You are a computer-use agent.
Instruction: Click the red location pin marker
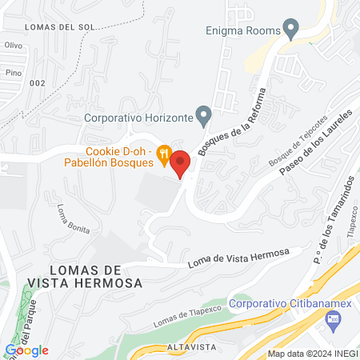pos(181,164)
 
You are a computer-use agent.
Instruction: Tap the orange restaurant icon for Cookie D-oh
pos(163,153)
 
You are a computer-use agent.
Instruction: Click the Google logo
pos(26,350)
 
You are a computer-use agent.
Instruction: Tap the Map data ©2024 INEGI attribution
pos(312,354)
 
